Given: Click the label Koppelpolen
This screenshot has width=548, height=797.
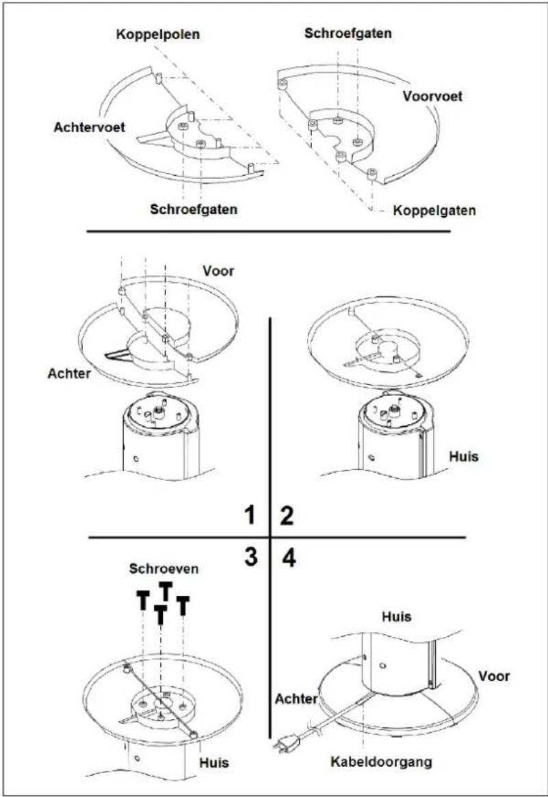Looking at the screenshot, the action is (x=157, y=35).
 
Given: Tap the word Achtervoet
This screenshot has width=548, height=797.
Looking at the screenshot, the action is (x=90, y=127).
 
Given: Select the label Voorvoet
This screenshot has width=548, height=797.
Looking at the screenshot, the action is (x=432, y=96).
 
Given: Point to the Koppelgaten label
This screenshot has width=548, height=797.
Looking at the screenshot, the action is (x=434, y=211).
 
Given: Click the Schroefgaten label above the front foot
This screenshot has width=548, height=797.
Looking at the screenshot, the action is (x=348, y=34).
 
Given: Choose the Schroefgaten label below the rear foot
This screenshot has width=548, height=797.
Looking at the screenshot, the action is (x=194, y=209).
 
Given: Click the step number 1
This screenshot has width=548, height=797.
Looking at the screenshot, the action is (x=250, y=515).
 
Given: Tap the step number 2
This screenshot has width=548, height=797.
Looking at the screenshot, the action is (x=287, y=515).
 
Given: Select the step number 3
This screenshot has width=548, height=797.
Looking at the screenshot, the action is (x=251, y=557).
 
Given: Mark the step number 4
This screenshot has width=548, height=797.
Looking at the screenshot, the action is (x=289, y=558).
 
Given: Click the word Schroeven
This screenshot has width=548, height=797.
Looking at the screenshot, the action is (x=164, y=569).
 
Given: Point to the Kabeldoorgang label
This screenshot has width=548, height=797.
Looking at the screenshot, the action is (x=381, y=762).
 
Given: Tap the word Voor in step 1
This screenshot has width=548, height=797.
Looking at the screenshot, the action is (x=219, y=271).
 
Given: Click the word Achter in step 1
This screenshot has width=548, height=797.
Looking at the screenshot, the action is (x=69, y=374).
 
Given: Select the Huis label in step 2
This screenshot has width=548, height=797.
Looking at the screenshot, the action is (x=464, y=456).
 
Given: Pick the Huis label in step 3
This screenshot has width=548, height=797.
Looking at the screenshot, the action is (x=214, y=762).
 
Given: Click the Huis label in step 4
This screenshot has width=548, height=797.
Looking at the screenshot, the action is (x=397, y=617).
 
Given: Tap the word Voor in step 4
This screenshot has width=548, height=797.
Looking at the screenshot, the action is (x=494, y=677).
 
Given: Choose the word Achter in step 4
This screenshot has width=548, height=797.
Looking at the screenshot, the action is (x=296, y=699).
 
